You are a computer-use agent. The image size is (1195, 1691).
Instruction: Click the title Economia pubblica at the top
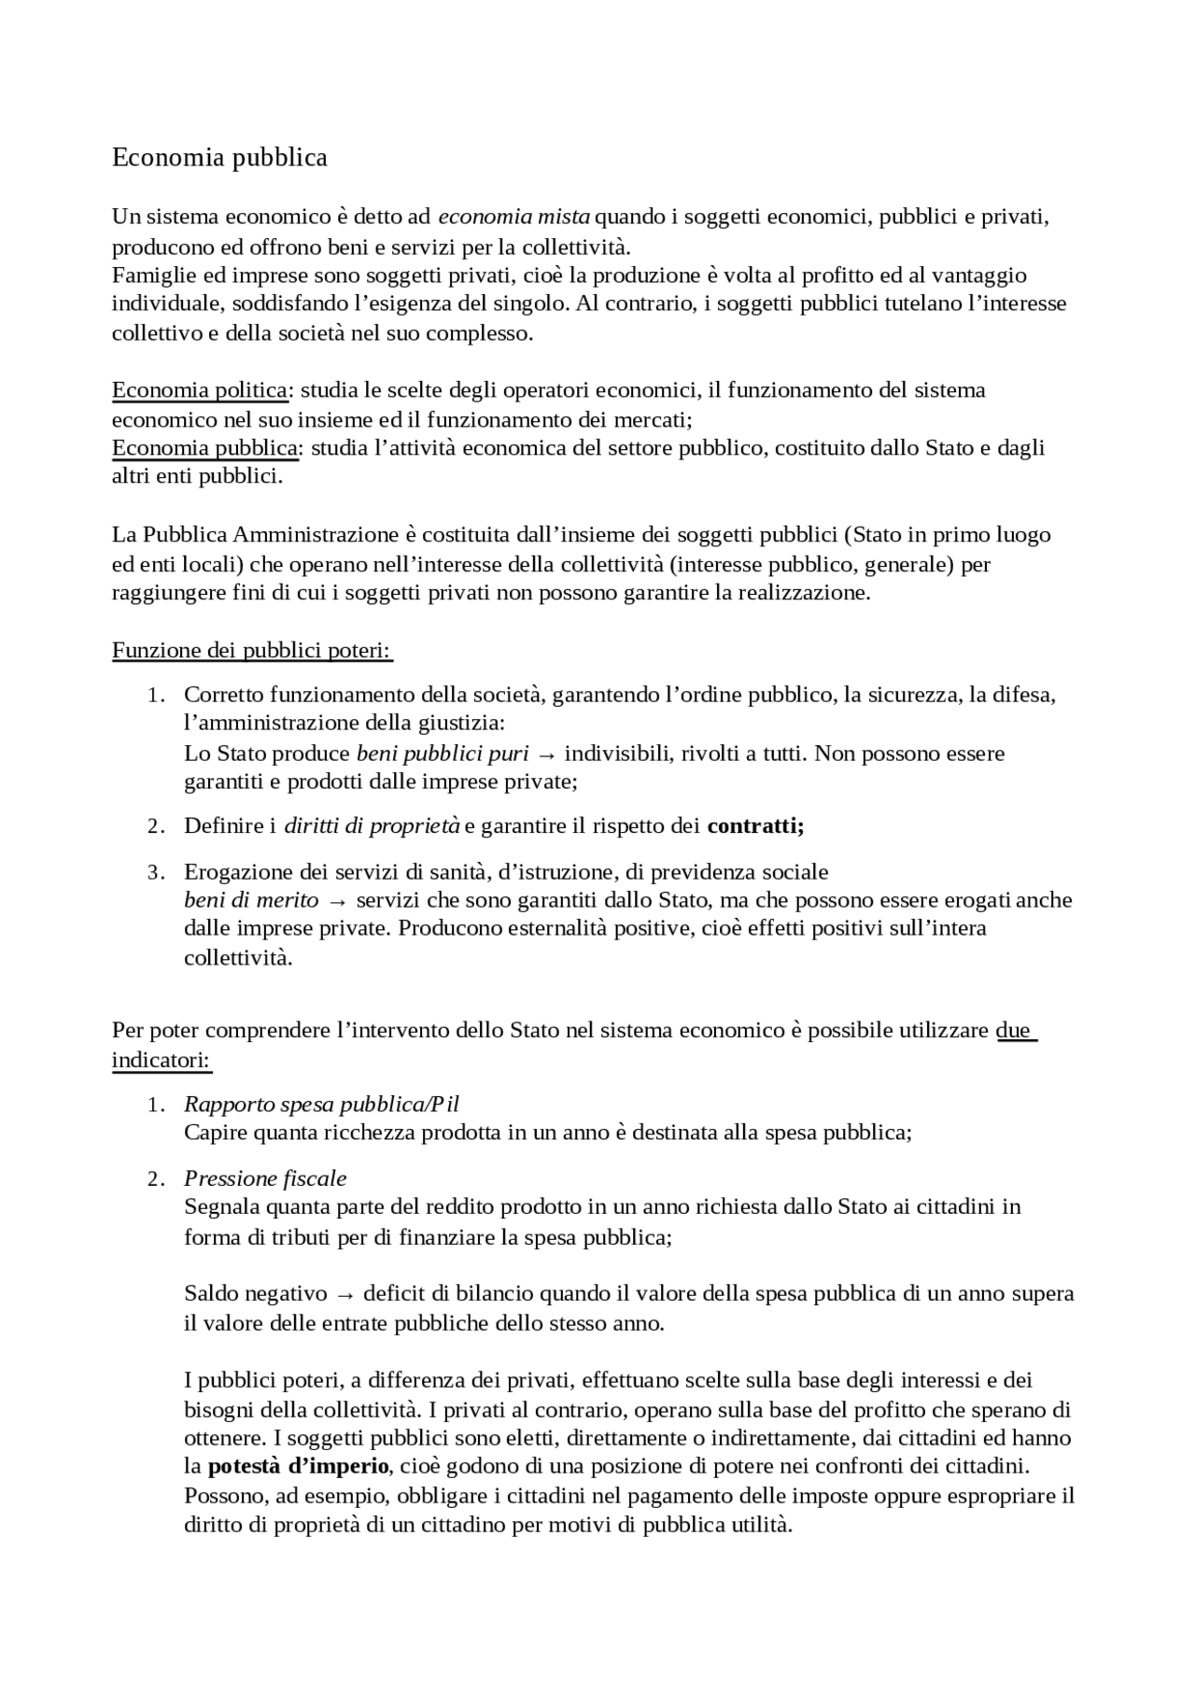(x=219, y=158)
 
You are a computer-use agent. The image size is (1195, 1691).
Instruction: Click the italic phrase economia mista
(x=513, y=218)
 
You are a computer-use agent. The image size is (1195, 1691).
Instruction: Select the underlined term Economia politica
(x=200, y=389)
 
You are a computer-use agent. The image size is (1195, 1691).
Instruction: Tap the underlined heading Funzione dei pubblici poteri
(x=252, y=650)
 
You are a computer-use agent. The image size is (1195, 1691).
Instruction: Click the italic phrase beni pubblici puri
(x=443, y=754)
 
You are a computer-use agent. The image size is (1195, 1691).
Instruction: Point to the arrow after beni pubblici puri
(x=547, y=754)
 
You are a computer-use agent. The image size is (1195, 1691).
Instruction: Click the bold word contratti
(x=755, y=826)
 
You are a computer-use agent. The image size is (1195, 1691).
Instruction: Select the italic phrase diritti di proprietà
(x=372, y=826)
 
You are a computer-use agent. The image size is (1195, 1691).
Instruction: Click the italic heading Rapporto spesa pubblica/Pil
(x=321, y=1105)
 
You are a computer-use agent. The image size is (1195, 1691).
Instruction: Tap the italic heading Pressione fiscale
(x=265, y=1178)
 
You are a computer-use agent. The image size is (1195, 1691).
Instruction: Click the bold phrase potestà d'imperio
(x=298, y=1466)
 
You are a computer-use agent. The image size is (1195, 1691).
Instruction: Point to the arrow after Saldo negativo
(x=344, y=1294)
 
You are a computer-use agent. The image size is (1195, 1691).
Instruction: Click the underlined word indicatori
(x=161, y=1060)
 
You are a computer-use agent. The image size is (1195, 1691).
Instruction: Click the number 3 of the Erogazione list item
(x=154, y=872)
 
